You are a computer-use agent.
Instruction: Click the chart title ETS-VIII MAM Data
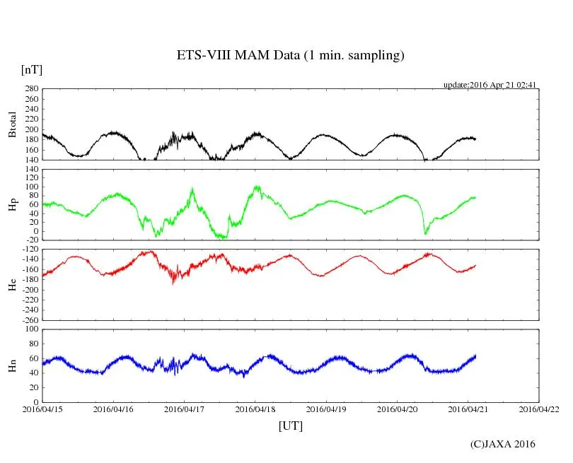click(290, 56)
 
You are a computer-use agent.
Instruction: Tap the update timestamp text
click(490, 85)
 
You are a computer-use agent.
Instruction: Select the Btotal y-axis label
click(12, 124)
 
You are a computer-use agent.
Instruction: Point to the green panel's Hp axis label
click(12, 204)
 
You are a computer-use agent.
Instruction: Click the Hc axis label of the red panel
click(12, 284)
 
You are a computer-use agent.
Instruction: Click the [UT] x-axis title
click(290, 426)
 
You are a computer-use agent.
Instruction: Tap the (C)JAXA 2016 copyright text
click(503, 444)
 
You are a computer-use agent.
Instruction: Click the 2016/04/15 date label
click(42, 409)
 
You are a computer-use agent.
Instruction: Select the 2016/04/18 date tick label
click(255, 409)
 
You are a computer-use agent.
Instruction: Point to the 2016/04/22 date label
click(539, 409)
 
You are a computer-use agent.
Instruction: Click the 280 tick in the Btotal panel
click(30, 89)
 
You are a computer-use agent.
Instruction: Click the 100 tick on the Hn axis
click(30, 329)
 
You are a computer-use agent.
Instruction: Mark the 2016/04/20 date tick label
click(398, 409)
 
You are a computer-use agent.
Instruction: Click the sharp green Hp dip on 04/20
click(425, 233)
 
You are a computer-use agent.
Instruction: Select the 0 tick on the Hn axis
click(35, 402)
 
